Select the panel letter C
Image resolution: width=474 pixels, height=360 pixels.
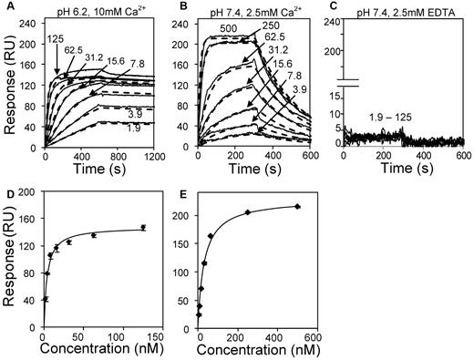pyautogui.click(x=331, y=5)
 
